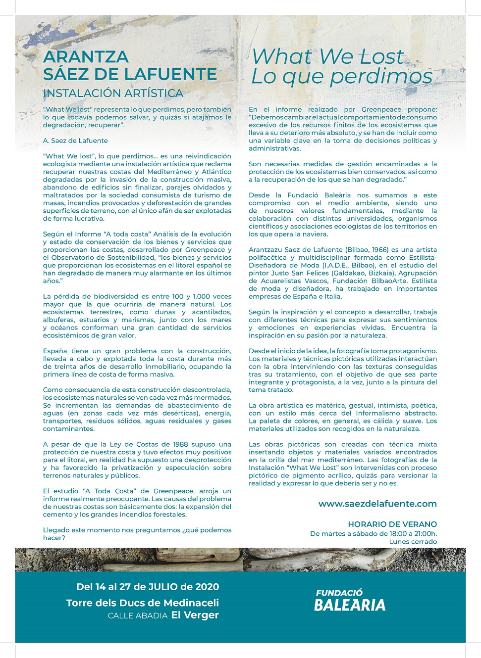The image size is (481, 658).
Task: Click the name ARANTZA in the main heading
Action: pyautogui.click(x=86, y=57)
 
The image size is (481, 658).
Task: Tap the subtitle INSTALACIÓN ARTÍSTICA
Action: pyautogui.click(x=113, y=93)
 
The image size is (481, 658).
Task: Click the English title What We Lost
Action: pyautogui.click(x=327, y=56)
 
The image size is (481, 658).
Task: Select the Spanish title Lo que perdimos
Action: pyautogui.click(x=342, y=77)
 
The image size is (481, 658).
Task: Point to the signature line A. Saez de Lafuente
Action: pyautogui.click(x=75, y=141)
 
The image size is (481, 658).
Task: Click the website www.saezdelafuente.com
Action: pyautogui.click(x=377, y=504)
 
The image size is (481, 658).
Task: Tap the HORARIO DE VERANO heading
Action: pyautogui.click(x=392, y=524)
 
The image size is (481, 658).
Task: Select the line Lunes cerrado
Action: pyautogui.click(x=413, y=541)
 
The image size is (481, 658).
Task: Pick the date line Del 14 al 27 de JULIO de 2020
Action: pyautogui.click(x=148, y=587)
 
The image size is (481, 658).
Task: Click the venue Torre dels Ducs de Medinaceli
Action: pyautogui.click(x=143, y=603)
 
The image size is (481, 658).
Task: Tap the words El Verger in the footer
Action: pyautogui.click(x=195, y=615)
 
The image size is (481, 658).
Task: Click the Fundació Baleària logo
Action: pyautogui.click(x=349, y=600)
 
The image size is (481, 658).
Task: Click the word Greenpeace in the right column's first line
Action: pyautogui.click(x=381, y=109)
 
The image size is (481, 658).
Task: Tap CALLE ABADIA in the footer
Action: pyautogui.click(x=138, y=615)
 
